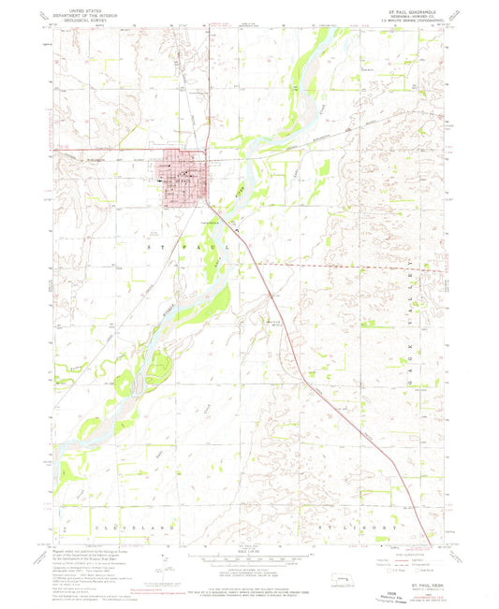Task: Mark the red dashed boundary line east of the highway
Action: (x=346, y=267)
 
